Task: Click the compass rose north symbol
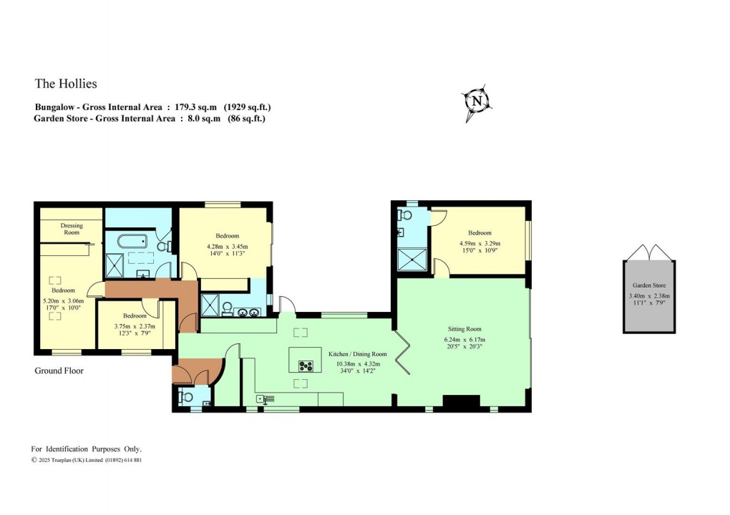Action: point(476,102)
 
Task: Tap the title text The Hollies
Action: point(66,84)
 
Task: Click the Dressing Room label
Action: point(72,229)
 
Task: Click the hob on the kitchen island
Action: point(306,366)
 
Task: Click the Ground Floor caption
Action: point(59,371)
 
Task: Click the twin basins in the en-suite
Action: point(248,311)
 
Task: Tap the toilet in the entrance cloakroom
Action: point(186,396)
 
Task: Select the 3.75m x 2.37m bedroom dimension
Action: point(135,327)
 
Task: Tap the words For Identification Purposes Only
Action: point(87,448)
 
